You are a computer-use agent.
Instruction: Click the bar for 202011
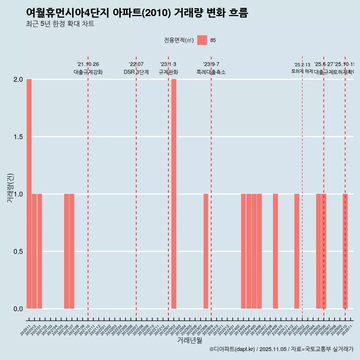pyautogui.click(x=29, y=194)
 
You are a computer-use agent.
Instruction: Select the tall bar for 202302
pyautogui.click(x=174, y=194)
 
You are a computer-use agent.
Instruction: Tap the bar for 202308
pyautogui.click(x=206, y=251)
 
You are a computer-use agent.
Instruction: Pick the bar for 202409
pyautogui.click(x=275, y=251)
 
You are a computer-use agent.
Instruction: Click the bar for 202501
pyautogui.click(x=297, y=251)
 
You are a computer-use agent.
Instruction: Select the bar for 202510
pyautogui.click(x=345, y=251)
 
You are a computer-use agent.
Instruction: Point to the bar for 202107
pyautogui.click(x=72, y=251)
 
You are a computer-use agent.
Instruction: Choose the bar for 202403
pyautogui.click(x=243, y=251)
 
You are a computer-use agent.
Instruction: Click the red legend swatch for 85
pyautogui.click(x=202, y=40)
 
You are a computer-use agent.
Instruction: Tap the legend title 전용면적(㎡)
pyautogui.click(x=179, y=40)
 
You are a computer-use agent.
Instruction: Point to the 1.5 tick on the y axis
pyautogui.click(x=18, y=137)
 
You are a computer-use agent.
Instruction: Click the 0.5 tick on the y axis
pyautogui.click(x=18, y=251)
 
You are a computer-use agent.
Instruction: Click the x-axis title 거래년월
pyautogui.click(x=189, y=340)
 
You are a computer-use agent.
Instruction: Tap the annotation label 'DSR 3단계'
pyautogui.click(x=136, y=72)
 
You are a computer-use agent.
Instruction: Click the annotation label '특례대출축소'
pyautogui.click(x=211, y=72)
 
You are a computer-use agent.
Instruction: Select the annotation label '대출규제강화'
pyautogui.click(x=88, y=72)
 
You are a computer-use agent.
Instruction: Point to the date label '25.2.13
pyautogui.click(x=302, y=65)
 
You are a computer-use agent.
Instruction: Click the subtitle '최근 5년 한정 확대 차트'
pyautogui.click(x=60, y=24)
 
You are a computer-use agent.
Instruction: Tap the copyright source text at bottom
pyautogui.click(x=281, y=349)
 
